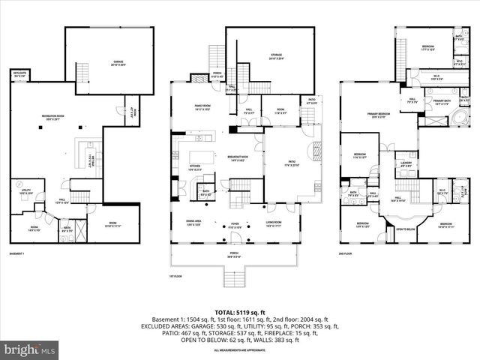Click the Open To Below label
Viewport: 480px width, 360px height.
[x=406, y=229]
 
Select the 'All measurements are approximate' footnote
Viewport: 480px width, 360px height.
[x=240, y=349]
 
